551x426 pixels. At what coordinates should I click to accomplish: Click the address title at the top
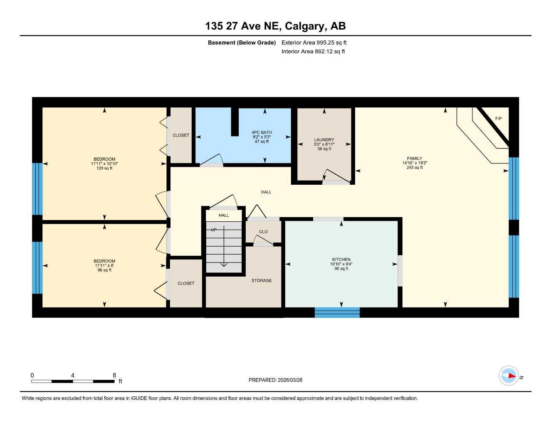(275, 26)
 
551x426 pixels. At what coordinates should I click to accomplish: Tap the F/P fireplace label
(498, 119)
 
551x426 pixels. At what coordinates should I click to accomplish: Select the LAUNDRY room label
(324, 140)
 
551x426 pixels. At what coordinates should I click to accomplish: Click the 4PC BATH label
(262, 132)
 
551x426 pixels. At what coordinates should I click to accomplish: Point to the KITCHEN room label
(341, 260)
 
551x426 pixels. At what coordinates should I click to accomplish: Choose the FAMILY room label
(415, 159)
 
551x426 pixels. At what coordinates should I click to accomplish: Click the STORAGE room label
(262, 280)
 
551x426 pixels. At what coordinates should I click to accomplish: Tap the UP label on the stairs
(214, 230)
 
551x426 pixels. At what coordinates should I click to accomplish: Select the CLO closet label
(263, 232)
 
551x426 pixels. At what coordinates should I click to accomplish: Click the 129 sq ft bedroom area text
(104, 168)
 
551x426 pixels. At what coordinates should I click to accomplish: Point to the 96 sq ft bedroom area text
(104, 270)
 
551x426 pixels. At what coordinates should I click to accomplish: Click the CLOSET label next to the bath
(181, 135)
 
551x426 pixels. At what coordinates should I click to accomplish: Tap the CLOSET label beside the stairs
(186, 283)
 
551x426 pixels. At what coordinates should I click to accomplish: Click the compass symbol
(509, 376)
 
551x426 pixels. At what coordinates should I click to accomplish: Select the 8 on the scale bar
(114, 375)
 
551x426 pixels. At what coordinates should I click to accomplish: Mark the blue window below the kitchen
(337, 312)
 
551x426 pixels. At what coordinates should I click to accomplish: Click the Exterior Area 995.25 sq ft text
(314, 42)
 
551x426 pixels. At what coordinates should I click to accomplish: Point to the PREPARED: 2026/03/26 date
(275, 380)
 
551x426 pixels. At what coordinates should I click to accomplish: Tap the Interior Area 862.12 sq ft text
(313, 52)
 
